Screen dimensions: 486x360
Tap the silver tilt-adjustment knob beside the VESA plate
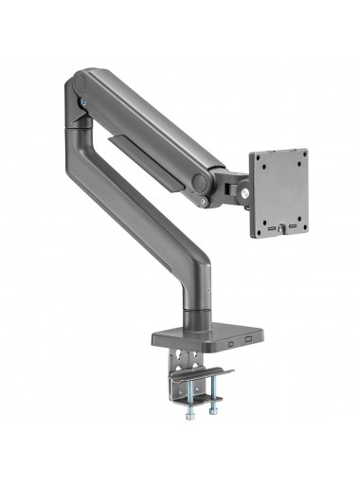coord(246,192)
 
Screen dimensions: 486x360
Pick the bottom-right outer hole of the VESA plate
coord(303,223)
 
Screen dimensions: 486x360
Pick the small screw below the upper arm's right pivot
coord(203,200)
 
